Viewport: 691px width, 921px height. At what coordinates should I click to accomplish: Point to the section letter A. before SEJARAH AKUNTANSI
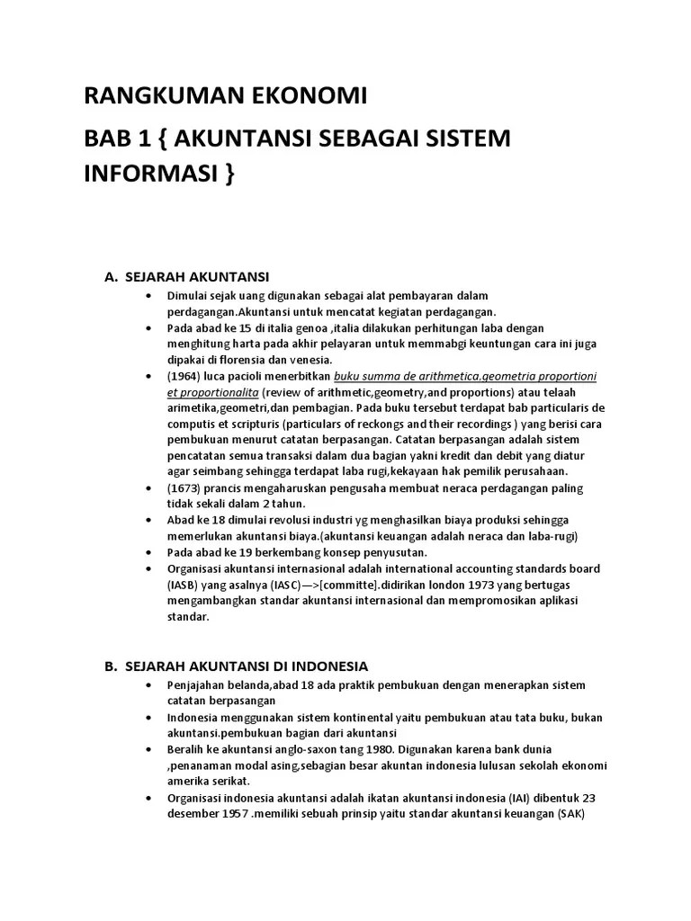click(x=112, y=276)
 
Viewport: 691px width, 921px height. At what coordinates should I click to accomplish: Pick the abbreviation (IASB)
click(x=184, y=585)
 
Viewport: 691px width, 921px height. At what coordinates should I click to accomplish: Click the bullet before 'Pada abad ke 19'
click(x=148, y=553)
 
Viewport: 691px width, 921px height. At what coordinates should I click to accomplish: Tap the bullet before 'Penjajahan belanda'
click(x=148, y=685)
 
